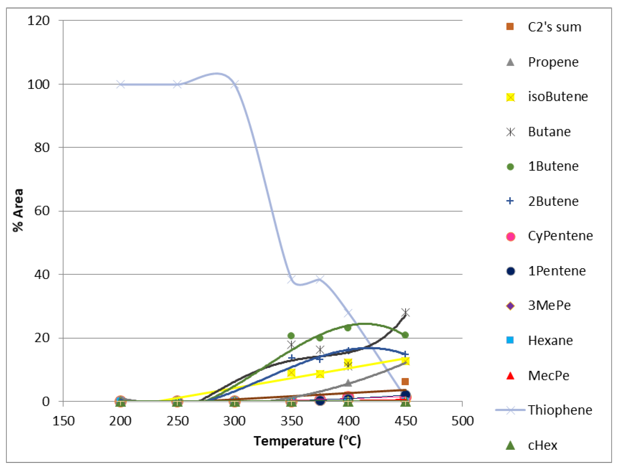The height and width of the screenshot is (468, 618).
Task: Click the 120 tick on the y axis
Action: (x=38, y=21)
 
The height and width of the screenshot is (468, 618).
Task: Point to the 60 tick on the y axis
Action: (x=42, y=211)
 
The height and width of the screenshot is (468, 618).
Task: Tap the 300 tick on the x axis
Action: (x=234, y=421)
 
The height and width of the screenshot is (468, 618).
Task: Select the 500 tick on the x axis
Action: (x=462, y=421)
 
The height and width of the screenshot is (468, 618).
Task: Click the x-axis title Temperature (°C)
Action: (x=307, y=441)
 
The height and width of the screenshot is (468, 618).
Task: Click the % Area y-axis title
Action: (x=18, y=210)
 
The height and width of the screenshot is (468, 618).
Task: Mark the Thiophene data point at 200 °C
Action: (x=120, y=84)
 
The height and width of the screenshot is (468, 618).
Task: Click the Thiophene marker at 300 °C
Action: (x=235, y=84)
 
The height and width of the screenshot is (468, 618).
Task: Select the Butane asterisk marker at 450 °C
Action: (x=405, y=312)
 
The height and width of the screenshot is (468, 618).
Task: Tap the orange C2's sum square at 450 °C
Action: (x=405, y=382)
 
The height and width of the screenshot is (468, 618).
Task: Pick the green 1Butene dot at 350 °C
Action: (x=291, y=336)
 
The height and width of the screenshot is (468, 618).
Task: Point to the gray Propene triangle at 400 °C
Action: (x=348, y=383)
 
